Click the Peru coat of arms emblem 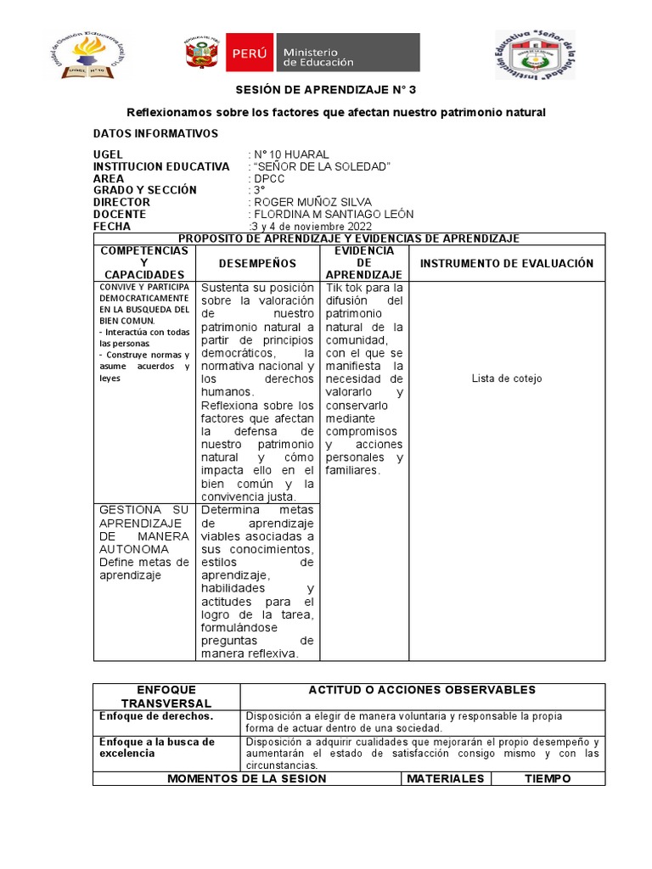click(203, 53)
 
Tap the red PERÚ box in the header click(249, 53)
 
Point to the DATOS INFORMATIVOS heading click(155, 133)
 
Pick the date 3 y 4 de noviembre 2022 click(312, 227)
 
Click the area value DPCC click(269, 178)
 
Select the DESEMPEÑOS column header click(258, 264)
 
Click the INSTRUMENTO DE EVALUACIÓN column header click(507, 264)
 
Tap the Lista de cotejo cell click(507, 378)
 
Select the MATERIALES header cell click(445, 778)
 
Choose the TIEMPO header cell click(548, 778)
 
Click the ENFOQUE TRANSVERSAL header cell click(166, 696)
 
